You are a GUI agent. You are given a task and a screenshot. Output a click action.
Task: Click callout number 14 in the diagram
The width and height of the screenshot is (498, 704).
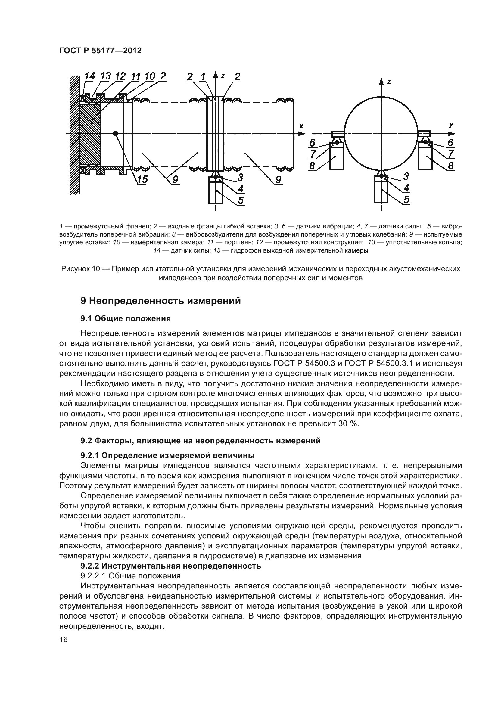tap(89, 76)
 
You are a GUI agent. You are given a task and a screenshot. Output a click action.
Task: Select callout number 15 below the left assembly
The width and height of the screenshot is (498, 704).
tap(142, 180)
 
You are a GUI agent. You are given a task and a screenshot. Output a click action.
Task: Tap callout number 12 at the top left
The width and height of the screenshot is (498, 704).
tap(120, 76)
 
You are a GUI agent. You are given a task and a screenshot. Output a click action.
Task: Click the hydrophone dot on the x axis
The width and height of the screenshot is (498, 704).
tap(115, 134)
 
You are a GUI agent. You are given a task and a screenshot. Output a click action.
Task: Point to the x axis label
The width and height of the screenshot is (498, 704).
tap(301, 126)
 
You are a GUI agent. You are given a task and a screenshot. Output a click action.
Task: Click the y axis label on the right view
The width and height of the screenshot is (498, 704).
tap(451, 125)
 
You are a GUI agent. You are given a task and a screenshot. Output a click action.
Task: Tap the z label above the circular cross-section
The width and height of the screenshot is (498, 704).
tap(389, 82)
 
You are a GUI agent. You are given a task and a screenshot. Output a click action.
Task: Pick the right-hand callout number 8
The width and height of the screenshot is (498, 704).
tap(450, 166)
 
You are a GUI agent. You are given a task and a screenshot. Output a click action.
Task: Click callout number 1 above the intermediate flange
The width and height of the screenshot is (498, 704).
tap(203, 77)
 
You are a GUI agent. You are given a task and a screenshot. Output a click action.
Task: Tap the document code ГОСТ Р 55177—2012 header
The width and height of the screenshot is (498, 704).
tap(100, 51)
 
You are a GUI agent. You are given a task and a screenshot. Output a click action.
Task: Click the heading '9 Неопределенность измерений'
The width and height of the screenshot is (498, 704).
tap(160, 301)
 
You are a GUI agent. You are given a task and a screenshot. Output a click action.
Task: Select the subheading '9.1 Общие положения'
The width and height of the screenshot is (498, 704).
tap(126, 318)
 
